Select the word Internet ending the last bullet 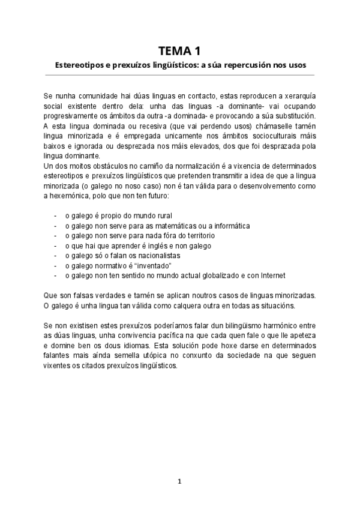pyautogui.click(x=269, y=276)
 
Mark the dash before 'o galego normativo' pyautogui.click(x=55, y=265)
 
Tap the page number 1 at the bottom pyautogui.click(x=179, y=481)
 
